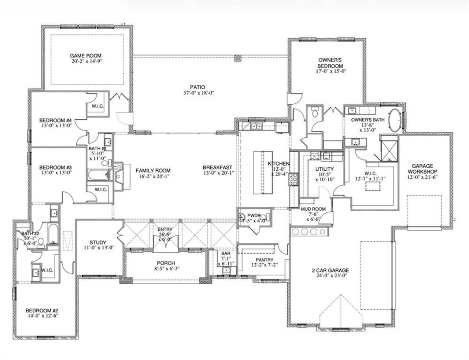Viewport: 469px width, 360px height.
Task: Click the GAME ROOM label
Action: pos(86,56)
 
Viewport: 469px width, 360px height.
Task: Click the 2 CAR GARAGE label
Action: pos(330,271)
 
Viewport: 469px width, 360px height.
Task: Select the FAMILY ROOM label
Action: pos(153,170)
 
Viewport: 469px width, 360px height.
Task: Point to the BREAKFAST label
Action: pos(217,167)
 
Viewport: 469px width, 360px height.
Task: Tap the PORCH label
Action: pos(166,263)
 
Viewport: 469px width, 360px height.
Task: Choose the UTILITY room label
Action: pos(324,169)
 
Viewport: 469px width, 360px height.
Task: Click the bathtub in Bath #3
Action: pos(97,175)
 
